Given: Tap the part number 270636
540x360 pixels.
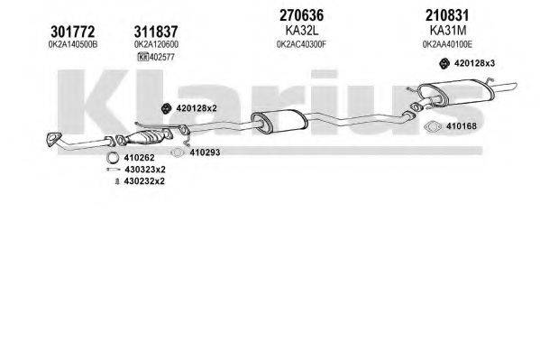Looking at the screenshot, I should [277, 15].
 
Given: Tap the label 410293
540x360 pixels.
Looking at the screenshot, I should [205, 152].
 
